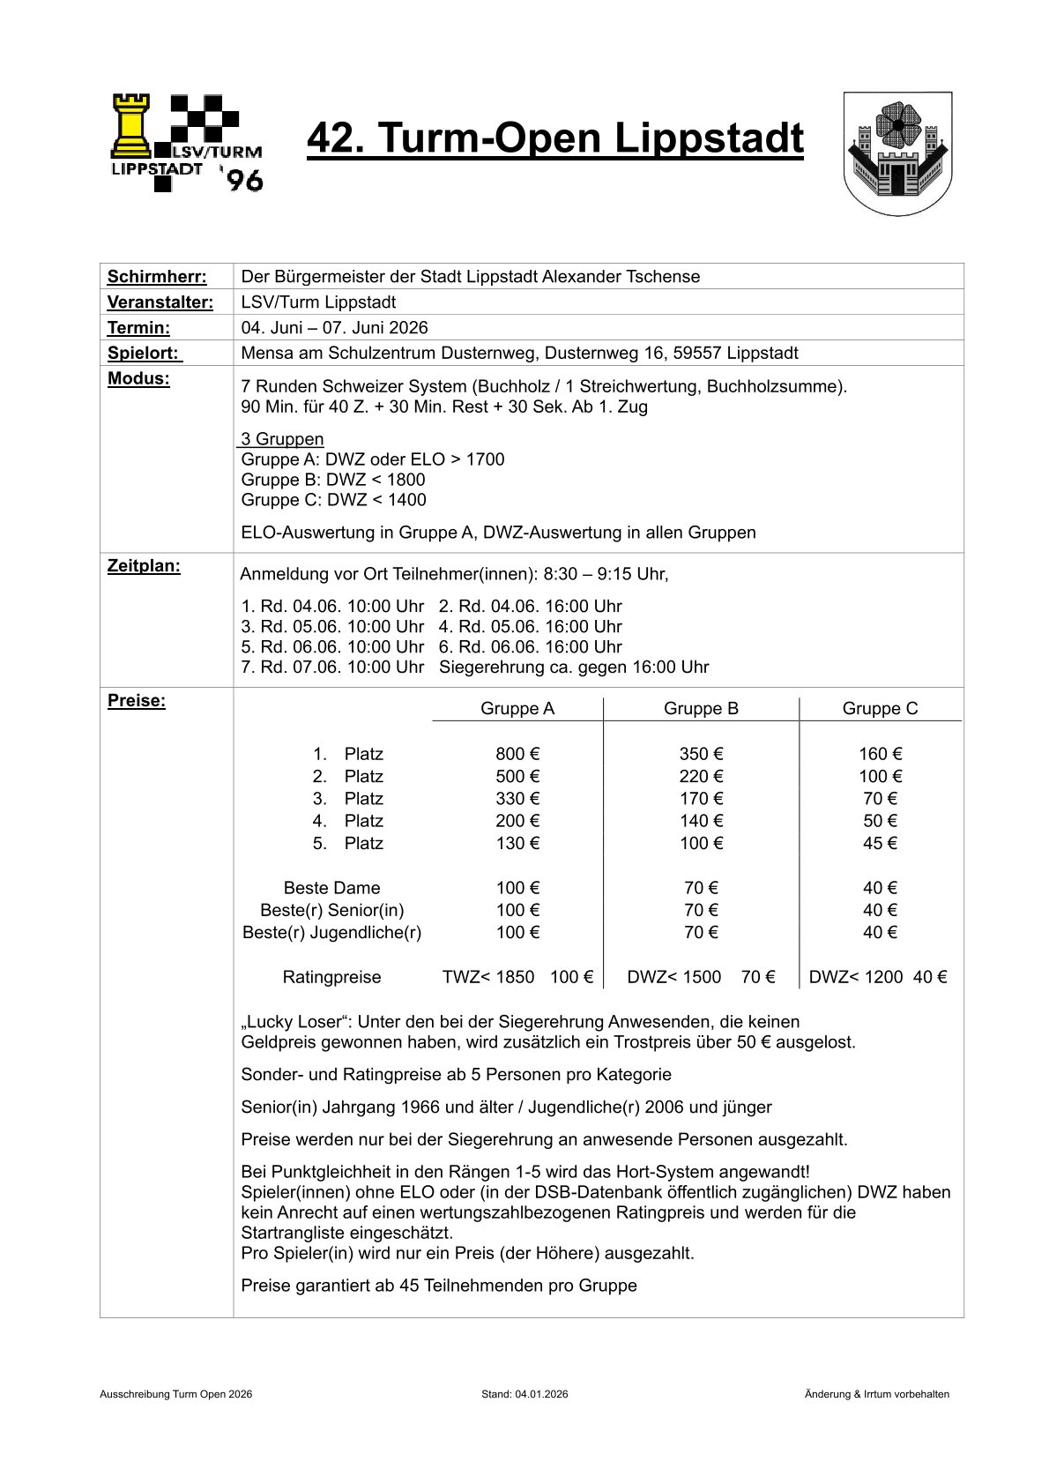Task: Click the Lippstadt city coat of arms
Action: coord(897,153)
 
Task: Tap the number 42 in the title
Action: coord(331,139)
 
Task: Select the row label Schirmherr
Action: coord(157,277)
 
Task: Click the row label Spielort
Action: coord(144,354)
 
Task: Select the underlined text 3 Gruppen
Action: coord(282,439)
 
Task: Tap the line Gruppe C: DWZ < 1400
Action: coord(333,500)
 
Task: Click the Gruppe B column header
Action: coord(701,709)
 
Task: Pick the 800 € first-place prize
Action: coord(517,754)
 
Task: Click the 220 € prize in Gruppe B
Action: coord(701,777)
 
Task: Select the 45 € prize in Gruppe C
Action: coord(880,844)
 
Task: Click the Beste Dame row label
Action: coord(331,888)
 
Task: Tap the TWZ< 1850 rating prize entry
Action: coord(488,977)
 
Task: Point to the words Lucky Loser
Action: coord(291,1022)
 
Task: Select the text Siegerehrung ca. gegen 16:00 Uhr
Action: coord(573,667)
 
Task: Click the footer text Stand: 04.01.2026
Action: coord(524,1394)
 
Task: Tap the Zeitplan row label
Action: coord(144,566)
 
